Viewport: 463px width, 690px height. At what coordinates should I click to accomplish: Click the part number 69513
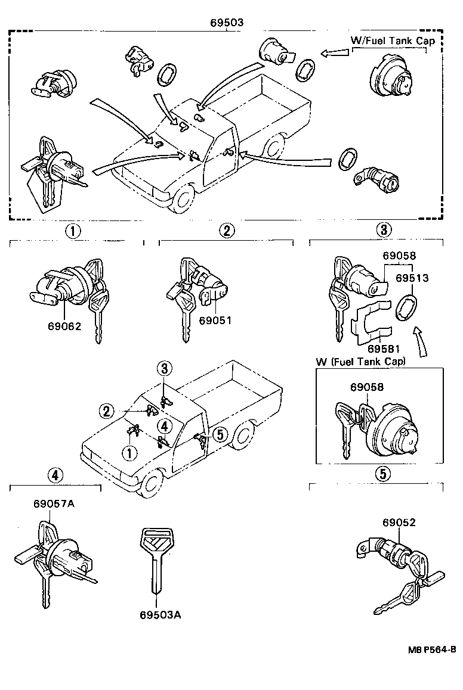pyautogui.click(x=412, y=278)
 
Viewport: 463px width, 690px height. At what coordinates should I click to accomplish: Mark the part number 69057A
pyautogui.click(x=54, y=504)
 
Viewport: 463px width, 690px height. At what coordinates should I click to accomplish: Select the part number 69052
pyautogui.click(x=399, y=523)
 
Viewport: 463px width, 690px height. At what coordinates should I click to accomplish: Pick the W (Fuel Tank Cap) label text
pyautogui.click(x=360, y=362)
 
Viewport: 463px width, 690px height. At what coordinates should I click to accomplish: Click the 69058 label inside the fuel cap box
pyautogui.click(x=367, y=387)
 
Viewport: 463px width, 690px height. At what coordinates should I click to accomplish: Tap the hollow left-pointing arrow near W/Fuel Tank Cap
pyautogui.click(x=335, y=54)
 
